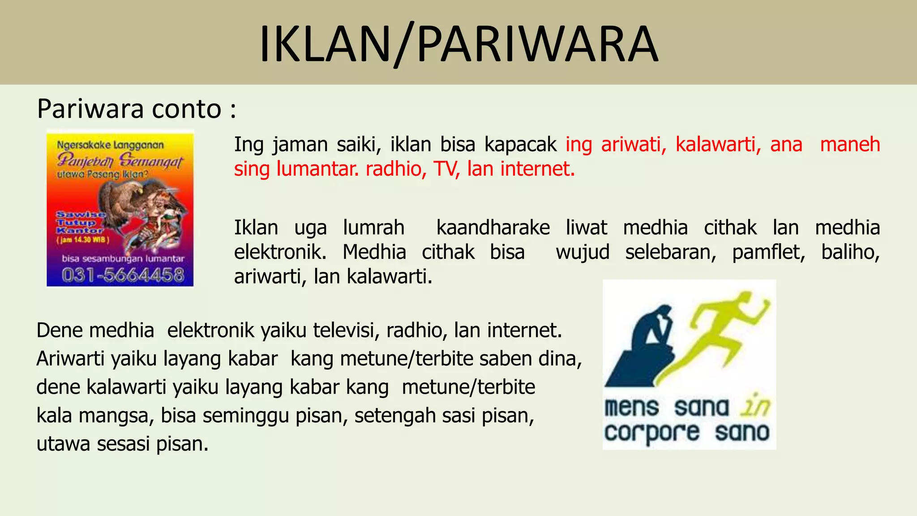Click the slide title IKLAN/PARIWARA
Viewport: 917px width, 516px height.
pos(458,44)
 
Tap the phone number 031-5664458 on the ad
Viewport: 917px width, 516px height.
pos(123,275)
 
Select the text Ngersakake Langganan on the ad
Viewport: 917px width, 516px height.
pos(110,145)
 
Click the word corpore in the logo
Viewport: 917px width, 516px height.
pos(651,433)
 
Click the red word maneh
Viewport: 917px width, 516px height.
pos(850,145)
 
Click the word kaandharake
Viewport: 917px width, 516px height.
pos(493,228)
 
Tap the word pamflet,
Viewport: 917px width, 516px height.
pos(768,252)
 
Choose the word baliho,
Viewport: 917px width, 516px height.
pos(850,252)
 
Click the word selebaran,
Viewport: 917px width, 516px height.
pos(671,252)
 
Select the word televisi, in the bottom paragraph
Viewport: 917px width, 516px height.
pos(347,331)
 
